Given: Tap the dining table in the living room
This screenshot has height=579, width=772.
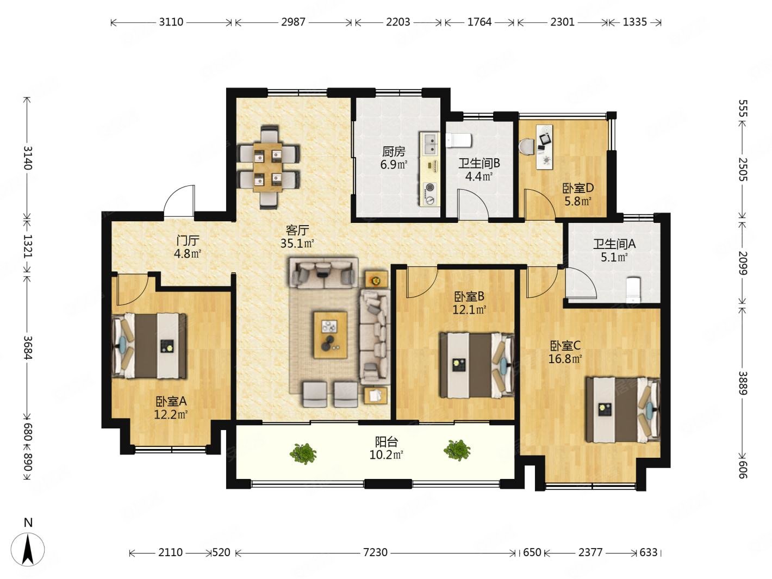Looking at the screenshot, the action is [268, 167].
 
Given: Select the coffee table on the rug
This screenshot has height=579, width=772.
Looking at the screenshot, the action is [330, 335].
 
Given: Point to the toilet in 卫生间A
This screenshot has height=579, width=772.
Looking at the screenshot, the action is [634, 290].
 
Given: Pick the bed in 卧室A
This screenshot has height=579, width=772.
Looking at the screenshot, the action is [149, 346].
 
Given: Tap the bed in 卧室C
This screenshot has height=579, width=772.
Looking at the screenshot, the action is [622, 409].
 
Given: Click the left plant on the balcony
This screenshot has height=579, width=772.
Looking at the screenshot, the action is [303, 453].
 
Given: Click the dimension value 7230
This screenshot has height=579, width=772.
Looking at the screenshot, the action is [375, 552].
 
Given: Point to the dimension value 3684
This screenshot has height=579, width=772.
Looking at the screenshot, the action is [27, 347].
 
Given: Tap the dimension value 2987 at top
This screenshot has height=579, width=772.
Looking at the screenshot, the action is [293, 22].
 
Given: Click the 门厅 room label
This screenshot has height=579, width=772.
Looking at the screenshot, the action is [188, 241].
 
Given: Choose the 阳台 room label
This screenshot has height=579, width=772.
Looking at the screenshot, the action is [386, 441].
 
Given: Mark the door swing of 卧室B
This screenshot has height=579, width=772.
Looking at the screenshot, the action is [422, 283].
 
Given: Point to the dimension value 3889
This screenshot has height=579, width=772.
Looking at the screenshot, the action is [743, 383].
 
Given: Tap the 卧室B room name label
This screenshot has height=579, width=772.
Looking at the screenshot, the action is [469, 297].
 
